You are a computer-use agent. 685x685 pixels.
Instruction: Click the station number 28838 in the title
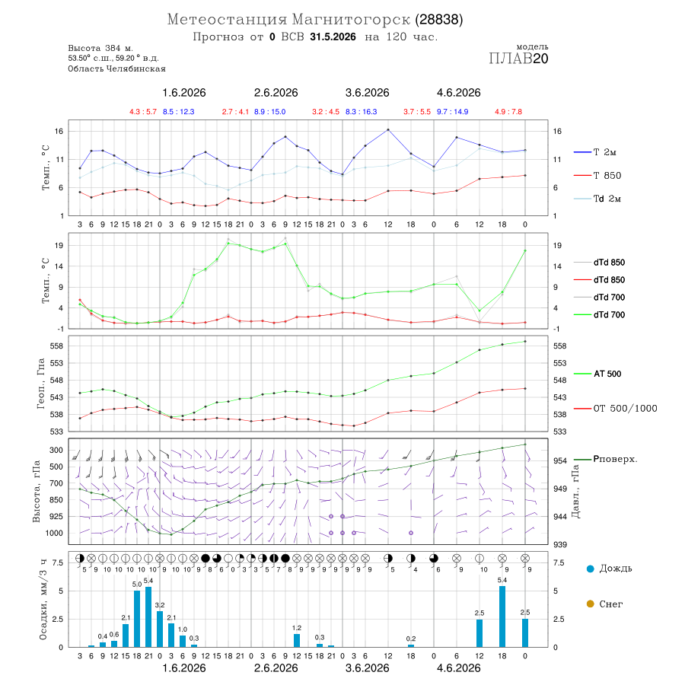point(438,20)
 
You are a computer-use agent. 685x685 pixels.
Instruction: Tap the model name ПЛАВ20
point(518,59)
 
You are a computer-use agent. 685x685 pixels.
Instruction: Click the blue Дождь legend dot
point(590,569)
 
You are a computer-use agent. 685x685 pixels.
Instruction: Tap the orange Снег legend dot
point(590,604)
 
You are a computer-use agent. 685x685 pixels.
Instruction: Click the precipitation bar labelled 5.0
point(137,619)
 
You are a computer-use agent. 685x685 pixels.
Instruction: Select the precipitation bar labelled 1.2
point(297,640)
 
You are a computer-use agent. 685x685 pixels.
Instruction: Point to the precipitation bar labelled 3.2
point(160,629)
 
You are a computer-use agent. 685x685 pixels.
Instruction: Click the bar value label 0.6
point(114,634)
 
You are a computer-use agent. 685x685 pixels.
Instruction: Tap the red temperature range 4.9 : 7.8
point(508,112)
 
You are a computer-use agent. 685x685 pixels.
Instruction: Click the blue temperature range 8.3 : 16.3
point(362,112)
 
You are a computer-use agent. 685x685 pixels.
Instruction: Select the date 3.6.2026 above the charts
point(367,93)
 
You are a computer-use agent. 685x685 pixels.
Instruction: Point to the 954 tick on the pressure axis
point(560,461)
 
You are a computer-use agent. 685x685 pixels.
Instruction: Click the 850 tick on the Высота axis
point(56,500)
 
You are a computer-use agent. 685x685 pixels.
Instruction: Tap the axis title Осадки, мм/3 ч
point(43,600)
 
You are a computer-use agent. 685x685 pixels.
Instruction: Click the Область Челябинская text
point(116,68)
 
